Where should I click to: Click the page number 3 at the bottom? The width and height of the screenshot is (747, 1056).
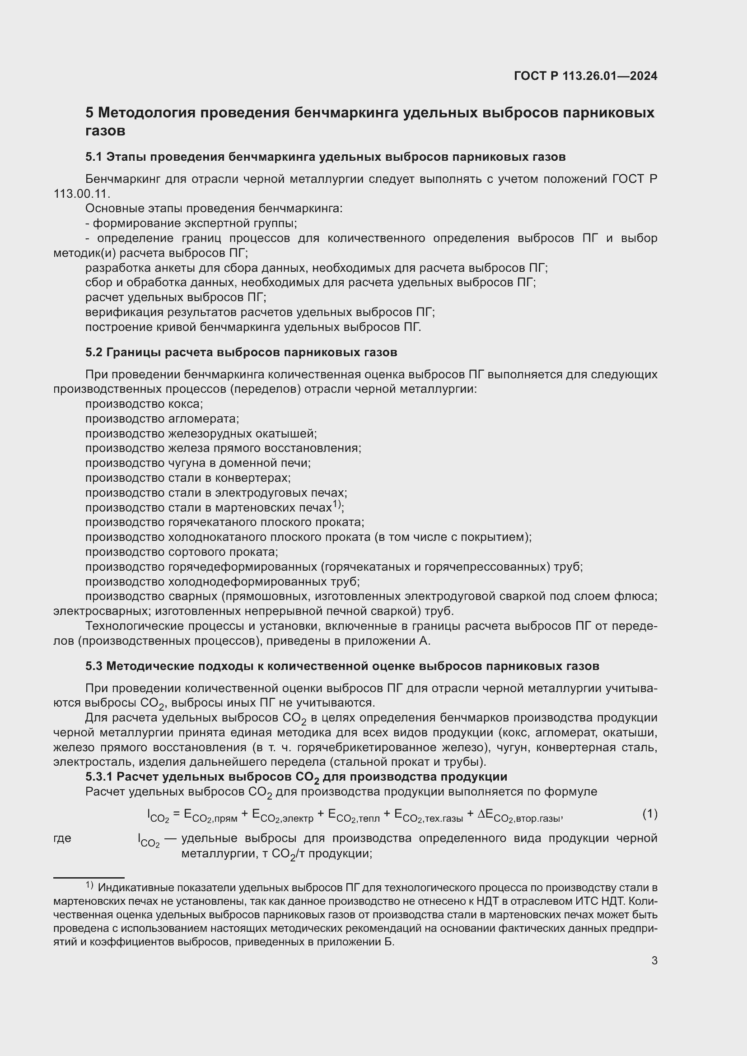pyautogui.click(x=654, y=961)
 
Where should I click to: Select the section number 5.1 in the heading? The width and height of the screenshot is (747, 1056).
pyautogui.click(x=93, y=157)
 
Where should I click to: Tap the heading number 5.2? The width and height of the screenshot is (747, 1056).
pyautogui.click(x=94, y=352)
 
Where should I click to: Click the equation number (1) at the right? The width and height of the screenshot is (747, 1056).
pyautogui.click(x=649, y=814)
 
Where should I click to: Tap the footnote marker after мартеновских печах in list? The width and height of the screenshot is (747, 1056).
pyautogui.click(x=337, y=505)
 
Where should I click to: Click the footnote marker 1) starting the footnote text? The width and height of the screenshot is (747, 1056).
pyautogui.click(x=89, y=885)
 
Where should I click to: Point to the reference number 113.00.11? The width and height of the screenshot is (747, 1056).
pyautogui.click(x=81, y=194)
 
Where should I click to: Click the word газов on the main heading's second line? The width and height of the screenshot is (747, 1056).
pyautogui.click(x=105, y=131)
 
